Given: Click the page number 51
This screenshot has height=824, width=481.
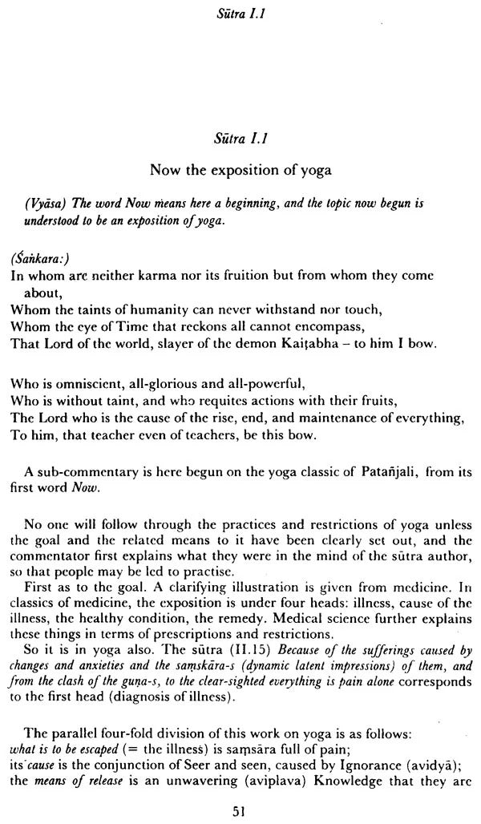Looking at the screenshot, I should [x=237, y=811].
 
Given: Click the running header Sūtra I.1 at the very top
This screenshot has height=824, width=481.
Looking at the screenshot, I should [x=237, y=12].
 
